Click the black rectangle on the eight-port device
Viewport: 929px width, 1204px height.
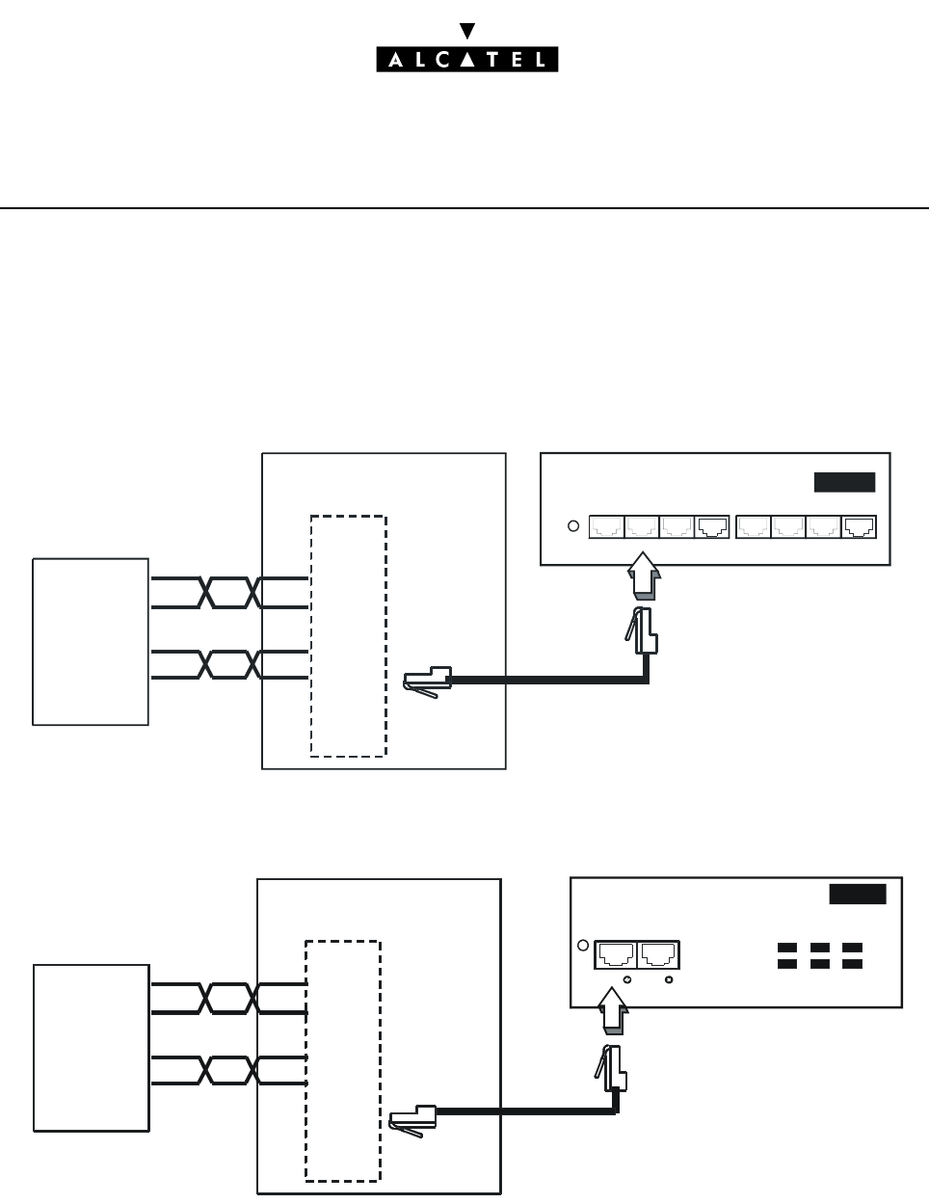[x=844, y=482]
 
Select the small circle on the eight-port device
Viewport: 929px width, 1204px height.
[x=571, y=526]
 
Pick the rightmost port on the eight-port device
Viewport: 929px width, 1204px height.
[x=859, y=526]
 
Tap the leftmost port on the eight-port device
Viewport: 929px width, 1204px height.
[x=606, y=526]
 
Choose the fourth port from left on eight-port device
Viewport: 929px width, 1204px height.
[x=711, y=526]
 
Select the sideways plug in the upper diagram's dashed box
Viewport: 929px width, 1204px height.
[x=426, y=679]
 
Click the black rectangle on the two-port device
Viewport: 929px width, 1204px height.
[x=858, y=894]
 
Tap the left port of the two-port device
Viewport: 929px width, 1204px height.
[x=616, y=954]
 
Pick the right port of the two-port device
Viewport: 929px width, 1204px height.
[x=658, y=954]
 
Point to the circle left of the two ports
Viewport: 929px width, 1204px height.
[x=582, y=946]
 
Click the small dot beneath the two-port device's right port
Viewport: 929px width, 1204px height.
[x=669, y=979]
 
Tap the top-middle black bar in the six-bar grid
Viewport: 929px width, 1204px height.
[x=820, y=948]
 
